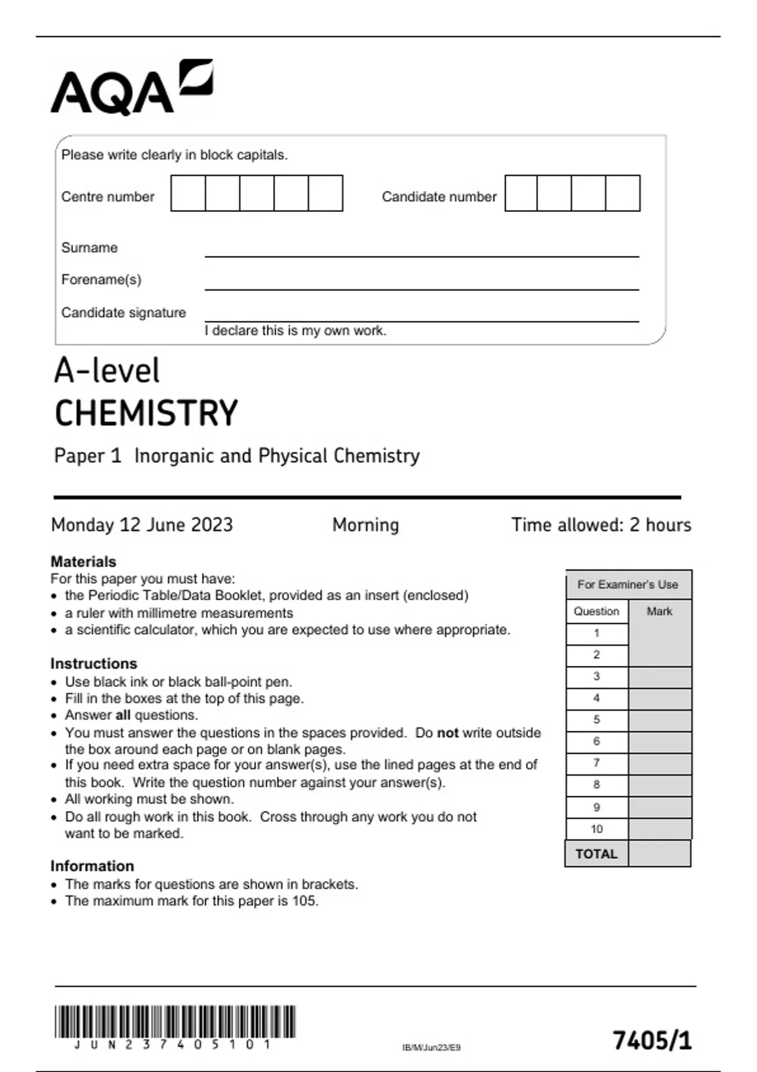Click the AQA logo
click(x=131, y=88)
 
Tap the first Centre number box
click(x=188, y=193)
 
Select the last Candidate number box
click(x=623, y=193)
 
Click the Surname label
click(x=89, y=248)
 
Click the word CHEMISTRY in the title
click(x=146, y=414)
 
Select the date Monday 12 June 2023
click(x=142, y=525)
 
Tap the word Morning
click(x=365, y=525)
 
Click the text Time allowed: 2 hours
click(x=601, y=525)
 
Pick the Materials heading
click(x=83, y=561)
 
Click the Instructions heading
click(x=93, y=663)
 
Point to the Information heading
click(x=92, y=866)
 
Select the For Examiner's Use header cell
click(x=628, y=585)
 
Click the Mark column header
click(x=659, y=611)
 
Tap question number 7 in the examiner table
click(x=596, y=763)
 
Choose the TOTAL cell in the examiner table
click(x=596, y=854)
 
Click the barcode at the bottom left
click(x=175, y=1022)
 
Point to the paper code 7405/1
click(x=652, y=1040)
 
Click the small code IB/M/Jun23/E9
click(x=431, y=1047)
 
